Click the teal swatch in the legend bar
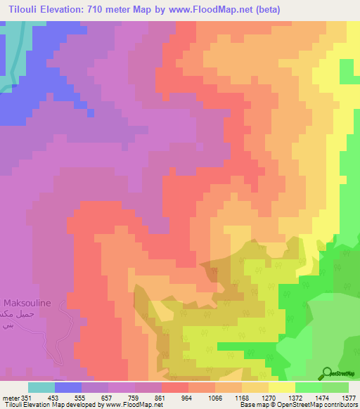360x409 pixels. tap(41, 387)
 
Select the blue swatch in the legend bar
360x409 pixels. tap(68, 387)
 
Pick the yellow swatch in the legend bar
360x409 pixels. tap(281, 387)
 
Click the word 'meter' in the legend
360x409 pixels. tap(11, 398)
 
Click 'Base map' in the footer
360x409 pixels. tap(252, 405)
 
